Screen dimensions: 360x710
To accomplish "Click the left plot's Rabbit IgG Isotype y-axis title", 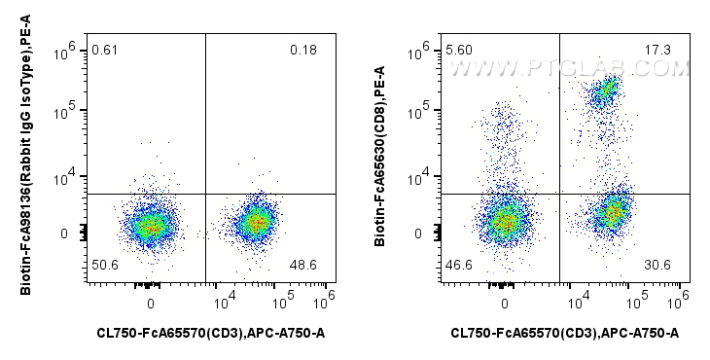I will tap(26, 161).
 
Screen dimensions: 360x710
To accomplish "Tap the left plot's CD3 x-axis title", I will tap(211, 334).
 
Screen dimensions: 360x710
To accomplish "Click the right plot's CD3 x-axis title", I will tap(565, 334).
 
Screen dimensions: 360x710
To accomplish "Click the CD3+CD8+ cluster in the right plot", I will tap(606, 91).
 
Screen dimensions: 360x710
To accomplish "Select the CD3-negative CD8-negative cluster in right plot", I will tap(505, 222).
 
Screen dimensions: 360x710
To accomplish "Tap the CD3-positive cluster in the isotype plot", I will tap(256, 222).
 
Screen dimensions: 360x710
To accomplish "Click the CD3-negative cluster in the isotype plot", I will tap(150, 226).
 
